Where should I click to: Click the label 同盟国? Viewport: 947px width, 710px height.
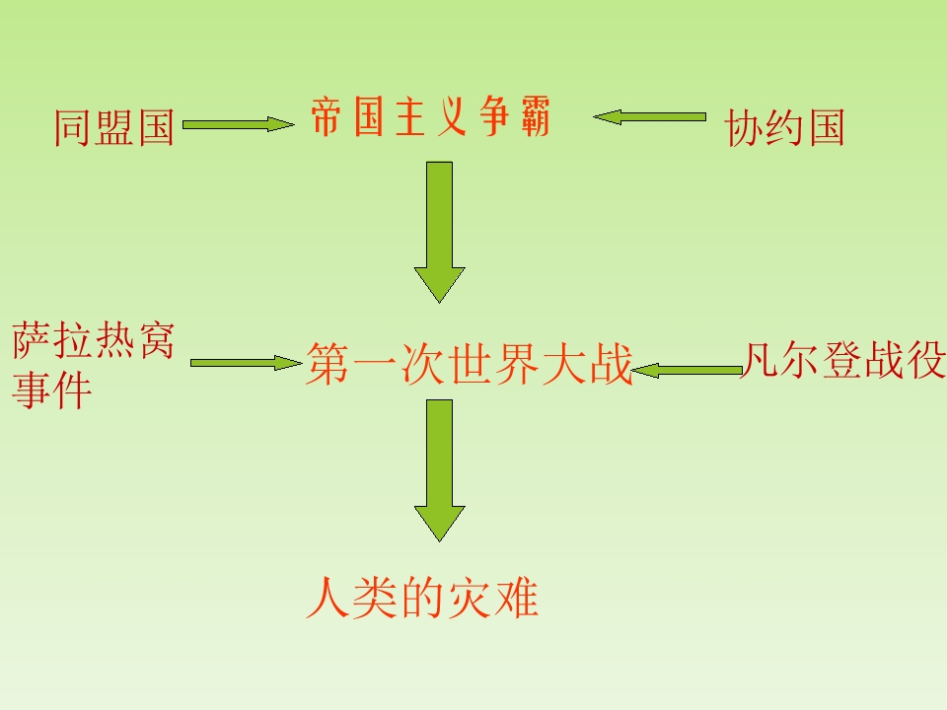114,127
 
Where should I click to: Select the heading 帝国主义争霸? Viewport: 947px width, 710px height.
431,116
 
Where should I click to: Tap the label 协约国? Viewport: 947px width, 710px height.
784,127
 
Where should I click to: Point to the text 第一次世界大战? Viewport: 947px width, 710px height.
470,364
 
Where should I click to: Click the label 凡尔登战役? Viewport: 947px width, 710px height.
843,360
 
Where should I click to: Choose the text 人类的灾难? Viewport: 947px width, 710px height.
422,598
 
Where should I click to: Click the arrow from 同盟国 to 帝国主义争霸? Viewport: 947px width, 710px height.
239,124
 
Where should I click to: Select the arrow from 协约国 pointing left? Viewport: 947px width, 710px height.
649,117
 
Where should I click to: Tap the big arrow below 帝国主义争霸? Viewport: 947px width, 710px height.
439,232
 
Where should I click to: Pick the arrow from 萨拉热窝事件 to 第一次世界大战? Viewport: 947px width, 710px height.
247,363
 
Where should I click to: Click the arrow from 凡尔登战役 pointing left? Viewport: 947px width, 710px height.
687,370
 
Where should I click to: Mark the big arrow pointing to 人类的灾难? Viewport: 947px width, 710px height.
439,470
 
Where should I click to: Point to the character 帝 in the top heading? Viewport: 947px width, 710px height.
327,116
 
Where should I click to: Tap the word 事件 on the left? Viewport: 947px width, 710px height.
52,390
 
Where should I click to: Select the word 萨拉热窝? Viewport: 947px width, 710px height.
94,340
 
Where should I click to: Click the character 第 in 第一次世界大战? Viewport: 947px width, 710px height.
328,364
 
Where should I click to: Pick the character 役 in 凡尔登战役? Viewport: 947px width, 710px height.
925,360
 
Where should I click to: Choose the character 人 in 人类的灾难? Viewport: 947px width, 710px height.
328,598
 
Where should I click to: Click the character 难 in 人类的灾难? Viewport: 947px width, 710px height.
516,598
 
